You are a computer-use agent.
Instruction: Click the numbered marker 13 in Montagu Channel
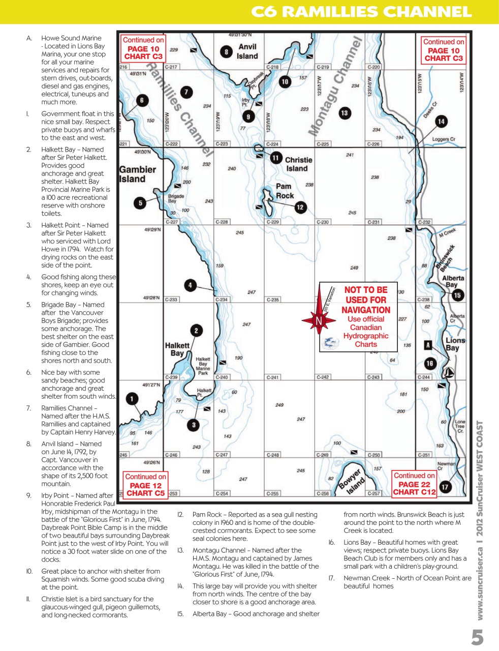pyautogui.click(x=345, y=113)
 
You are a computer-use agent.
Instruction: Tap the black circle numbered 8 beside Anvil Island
pyautogui.click(x=226, y=51)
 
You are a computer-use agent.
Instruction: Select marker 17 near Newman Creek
pyautogui.click(x=445, y=487)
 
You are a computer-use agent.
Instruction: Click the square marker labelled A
pyautogui.click(x=428, y=345)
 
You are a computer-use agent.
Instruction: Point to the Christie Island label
pyautogui.click(x=298, y=164)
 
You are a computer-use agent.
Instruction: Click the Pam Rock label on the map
pyautogui.click(x=285, y=191)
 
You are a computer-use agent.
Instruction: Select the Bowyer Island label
pyautogui.click(x=351, y=482)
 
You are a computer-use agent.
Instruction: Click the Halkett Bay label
pyautogui.click(x=177, y=349)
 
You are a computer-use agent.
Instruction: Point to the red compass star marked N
pyautogui.click(x=319, y=321)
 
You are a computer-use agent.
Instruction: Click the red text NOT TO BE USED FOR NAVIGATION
pyautogui.click(x=366, y=300)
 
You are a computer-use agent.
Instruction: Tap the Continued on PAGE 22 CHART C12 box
pyautogui.click(x=414, y=484)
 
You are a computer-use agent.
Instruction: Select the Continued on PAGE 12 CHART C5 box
pyautogui.click(x=145, y=485)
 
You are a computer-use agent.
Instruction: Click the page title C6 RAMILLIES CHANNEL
pyautogui.click(x=361, y=12)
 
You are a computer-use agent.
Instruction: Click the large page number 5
pyautogui.click(x=477, y=636)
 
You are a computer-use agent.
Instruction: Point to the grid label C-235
pyautogui.click(x=273, y=300)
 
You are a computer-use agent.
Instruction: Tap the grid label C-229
pyautogui.click(x=273, y=222)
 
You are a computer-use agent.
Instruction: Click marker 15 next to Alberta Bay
pyautogui.click(x=457, y=295)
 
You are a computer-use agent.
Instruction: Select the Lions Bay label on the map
pyautogui.click(x=454, y=344)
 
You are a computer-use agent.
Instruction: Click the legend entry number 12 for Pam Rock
pyautogui.click(x=180, y=515)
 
